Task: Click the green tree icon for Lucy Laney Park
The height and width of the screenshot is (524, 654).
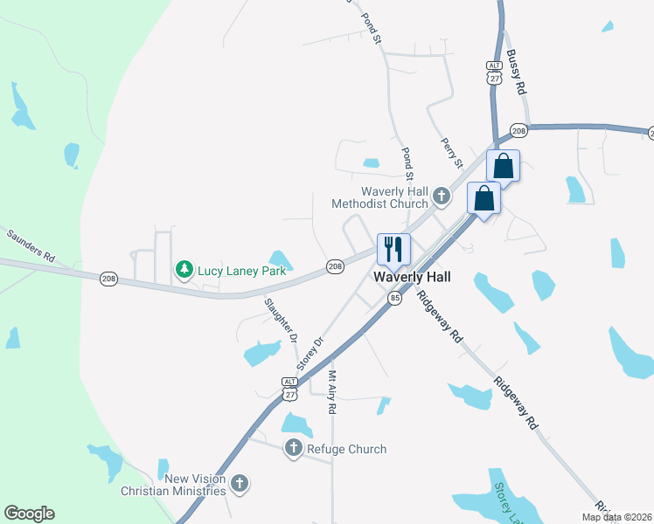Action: [184, 270]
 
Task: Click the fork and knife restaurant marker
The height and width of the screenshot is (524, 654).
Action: [393, 248]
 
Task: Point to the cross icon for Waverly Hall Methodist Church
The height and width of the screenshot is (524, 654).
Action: [442, 196]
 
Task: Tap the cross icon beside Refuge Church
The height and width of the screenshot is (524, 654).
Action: [293, 449]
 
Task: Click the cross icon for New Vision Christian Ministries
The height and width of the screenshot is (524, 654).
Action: [240, 482]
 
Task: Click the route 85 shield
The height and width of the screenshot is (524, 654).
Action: [395, 298]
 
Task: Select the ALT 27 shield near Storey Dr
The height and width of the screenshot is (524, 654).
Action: [289, 389]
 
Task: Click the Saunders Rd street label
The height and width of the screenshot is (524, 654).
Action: [31, 246]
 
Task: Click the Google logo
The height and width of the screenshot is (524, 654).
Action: [29, 514]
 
